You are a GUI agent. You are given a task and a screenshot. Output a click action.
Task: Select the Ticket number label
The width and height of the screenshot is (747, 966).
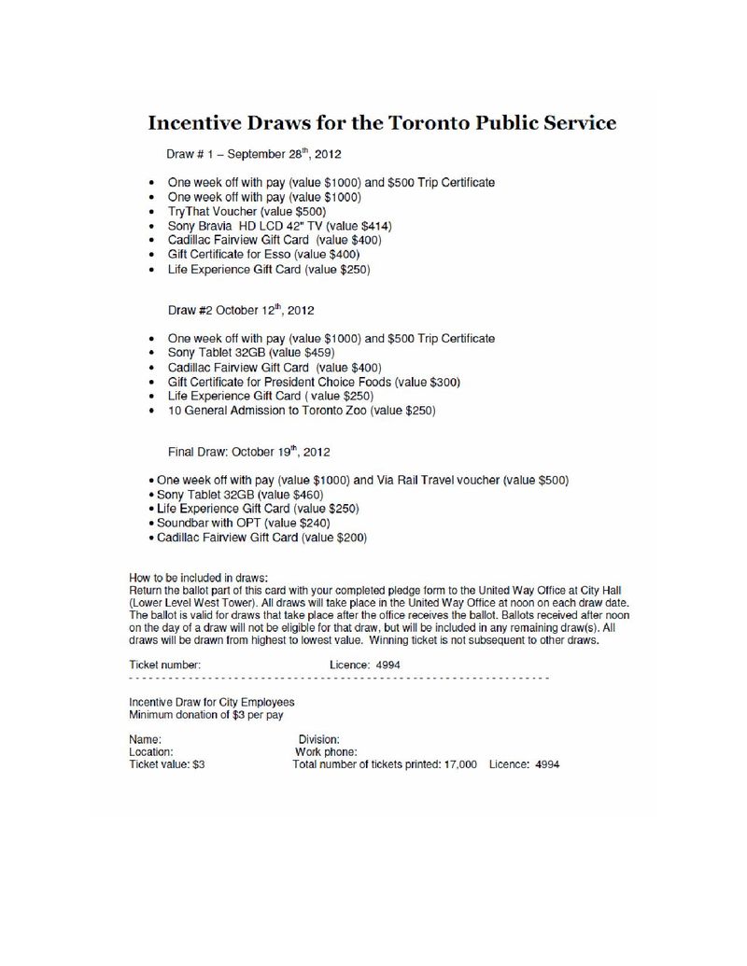tap(164, 665)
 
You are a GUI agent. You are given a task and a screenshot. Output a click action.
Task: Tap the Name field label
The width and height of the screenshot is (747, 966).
tap(145, 738)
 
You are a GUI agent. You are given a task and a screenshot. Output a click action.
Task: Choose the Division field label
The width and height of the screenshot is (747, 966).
tap(318, 738)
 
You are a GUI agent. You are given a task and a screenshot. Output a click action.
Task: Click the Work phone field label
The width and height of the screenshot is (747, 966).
tap(326, 751)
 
